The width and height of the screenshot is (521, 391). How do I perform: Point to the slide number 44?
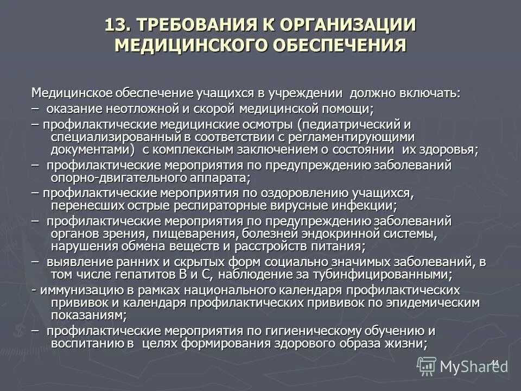(494, 362)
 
